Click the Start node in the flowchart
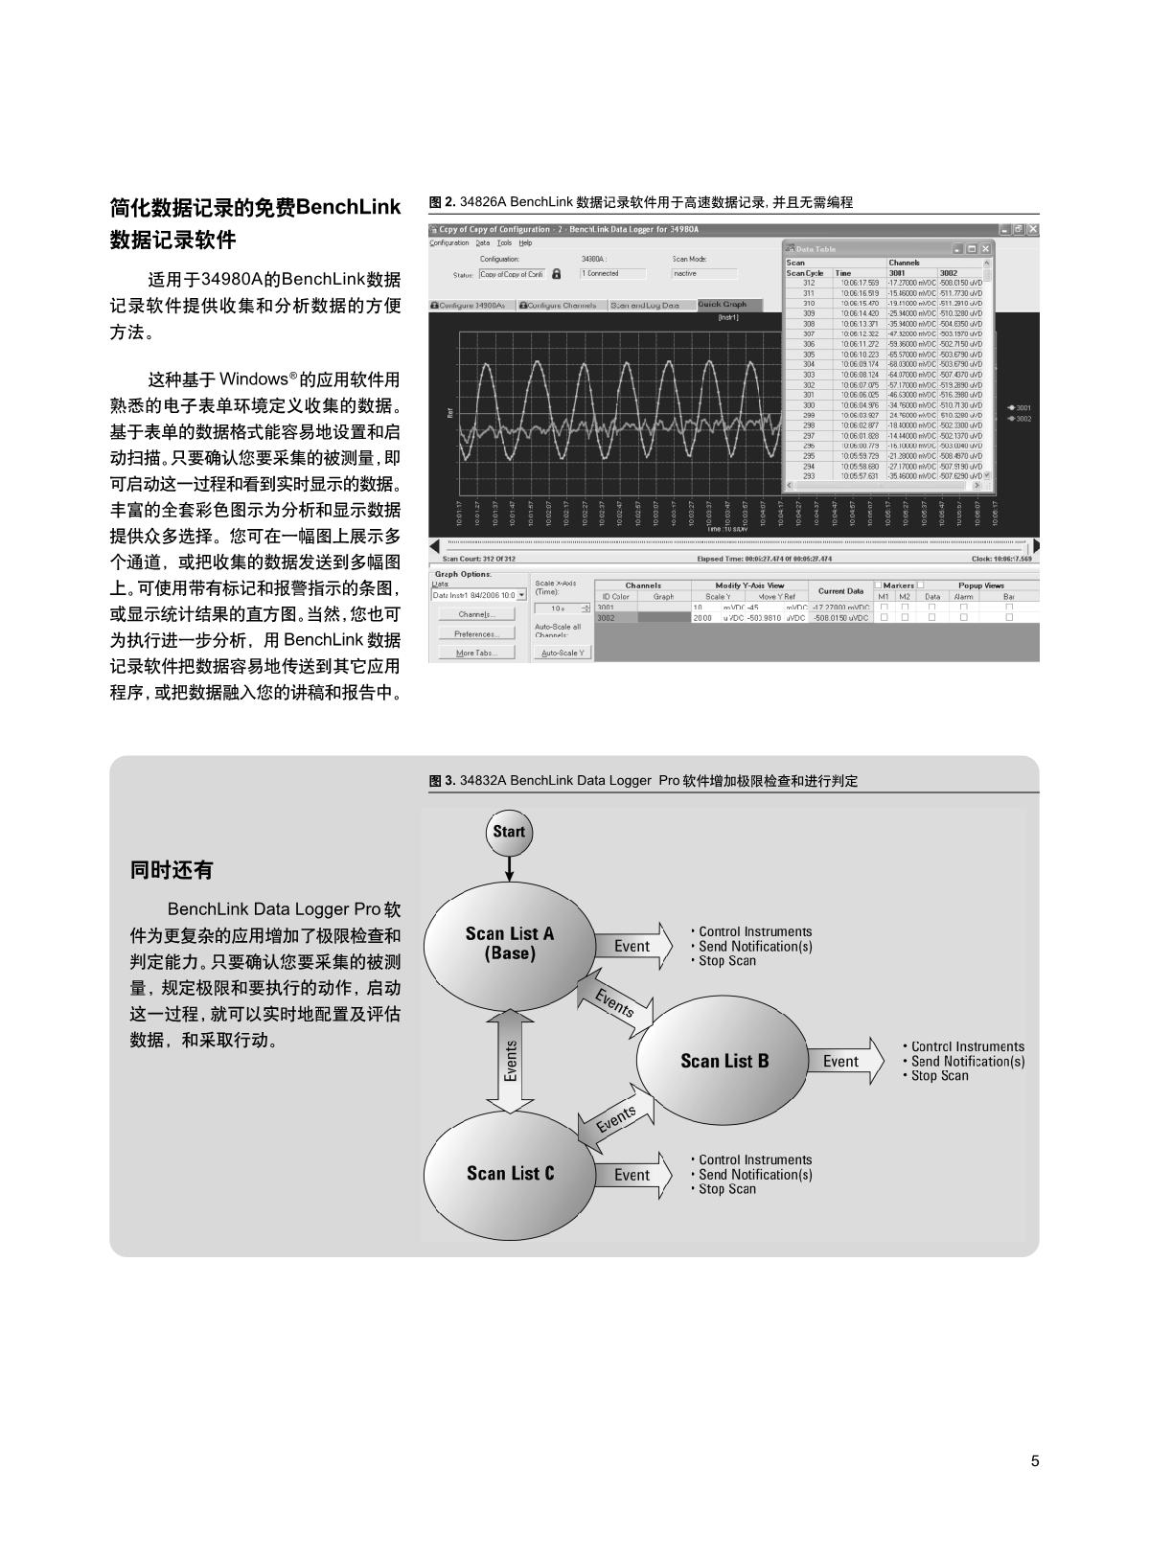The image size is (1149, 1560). coord(509,832)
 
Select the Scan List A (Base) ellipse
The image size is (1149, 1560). coord(509,944)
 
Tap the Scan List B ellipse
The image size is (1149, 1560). coord(724,1061)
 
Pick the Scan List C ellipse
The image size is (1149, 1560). coord(510,1173)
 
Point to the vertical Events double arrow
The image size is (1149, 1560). coord(511,1061)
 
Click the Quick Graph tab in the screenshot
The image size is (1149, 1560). coord(722,305)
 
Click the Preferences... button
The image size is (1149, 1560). coord(475,633)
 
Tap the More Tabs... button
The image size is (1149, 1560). coord(475,653)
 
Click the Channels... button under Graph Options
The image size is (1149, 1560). coord(475,614)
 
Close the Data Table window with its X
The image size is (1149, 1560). coord(985,249)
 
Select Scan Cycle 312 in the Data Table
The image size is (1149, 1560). coord(809,283)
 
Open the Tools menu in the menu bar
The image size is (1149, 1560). coord(504,243)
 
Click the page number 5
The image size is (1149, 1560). coord(1034,1461)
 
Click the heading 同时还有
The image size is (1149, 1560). coord(172,870)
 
